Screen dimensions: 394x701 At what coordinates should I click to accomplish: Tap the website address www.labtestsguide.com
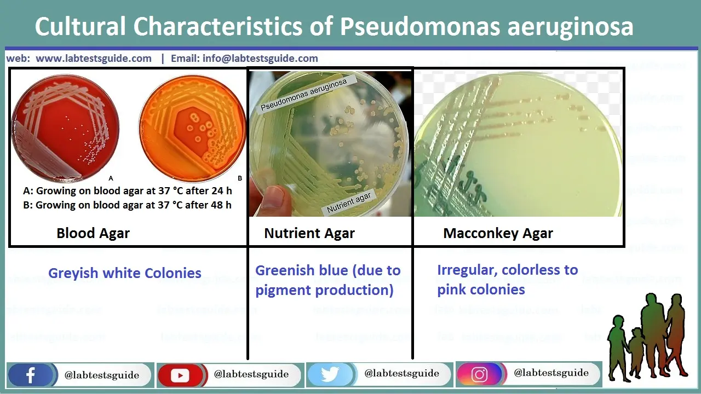point(94,59)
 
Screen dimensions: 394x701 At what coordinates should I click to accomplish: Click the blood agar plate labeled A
point(65,127)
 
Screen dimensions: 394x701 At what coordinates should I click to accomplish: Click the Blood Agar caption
point(93,234)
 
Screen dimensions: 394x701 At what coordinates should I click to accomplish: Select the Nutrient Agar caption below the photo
point(309,234)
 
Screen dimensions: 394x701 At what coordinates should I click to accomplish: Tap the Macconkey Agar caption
point(498,234)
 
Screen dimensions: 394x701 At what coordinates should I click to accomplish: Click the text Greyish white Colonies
point(125,273)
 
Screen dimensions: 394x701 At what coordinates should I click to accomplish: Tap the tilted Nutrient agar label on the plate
point(349,203)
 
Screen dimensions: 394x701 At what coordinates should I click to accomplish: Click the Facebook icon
point(31,375)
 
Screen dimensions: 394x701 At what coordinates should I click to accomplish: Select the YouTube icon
point(180,375)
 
